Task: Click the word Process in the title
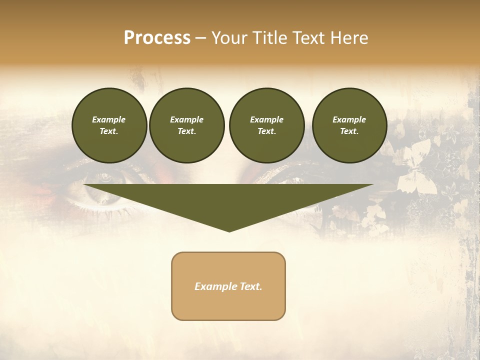pyautogui.click(x=157, y=38)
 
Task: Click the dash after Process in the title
pyautogui.click(x=200, y=38)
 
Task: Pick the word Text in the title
pyautogui.click(x=309, y=38)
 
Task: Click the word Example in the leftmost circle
pyautogui.click(x=109, y=119)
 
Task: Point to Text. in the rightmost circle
pyautogui.click(x=349, y=131)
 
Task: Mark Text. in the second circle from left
pyautogui.click(x=187, y=131)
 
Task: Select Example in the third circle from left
pyautogui.click(x=267, y=119)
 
